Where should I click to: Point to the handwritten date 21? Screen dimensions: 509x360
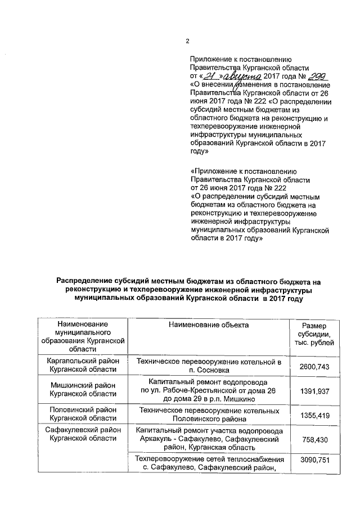pos(210,76)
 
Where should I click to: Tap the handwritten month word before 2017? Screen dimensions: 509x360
pos(243,76)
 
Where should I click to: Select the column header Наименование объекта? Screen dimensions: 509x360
pos(209,325)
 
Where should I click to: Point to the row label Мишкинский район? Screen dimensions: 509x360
pos(83,385)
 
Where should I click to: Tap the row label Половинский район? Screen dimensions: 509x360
pos(83,410)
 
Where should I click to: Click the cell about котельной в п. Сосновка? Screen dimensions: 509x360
pos(209,366)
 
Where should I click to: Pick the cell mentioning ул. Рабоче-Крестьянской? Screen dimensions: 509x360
pos(209,390)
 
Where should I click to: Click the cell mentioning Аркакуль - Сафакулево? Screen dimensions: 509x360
pos(209,439)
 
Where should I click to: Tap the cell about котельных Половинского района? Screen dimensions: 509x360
pos(209,415)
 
